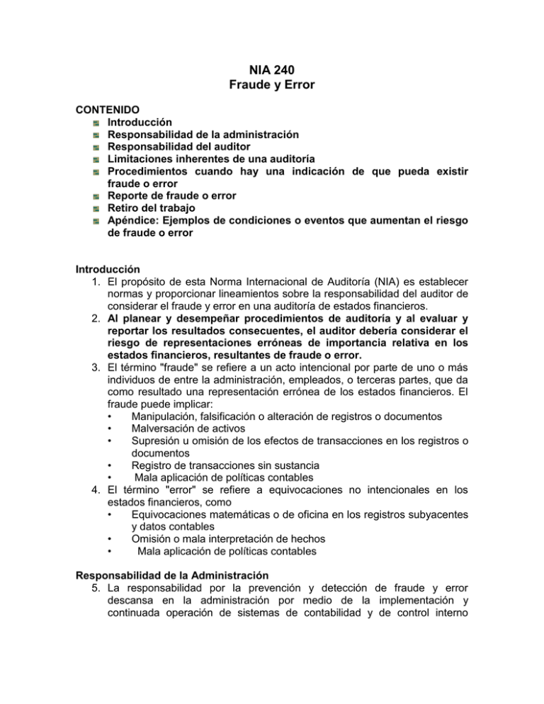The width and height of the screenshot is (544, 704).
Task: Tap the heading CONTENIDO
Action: [108, 111]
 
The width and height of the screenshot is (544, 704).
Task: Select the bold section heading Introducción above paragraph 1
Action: [110, 268]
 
